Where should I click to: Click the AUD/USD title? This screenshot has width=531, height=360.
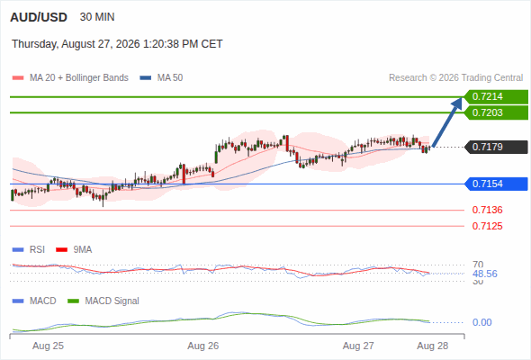click(x=39, y=17)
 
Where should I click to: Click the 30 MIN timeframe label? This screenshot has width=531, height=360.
click(x=97, y=17)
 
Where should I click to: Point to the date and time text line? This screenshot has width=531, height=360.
click(x=117, y=44)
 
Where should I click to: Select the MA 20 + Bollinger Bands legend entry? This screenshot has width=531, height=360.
click(x=70, y=78)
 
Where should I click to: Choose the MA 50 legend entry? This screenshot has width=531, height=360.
click(x=161, y=78)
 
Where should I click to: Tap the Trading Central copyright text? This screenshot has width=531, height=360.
click(x=455, y=78)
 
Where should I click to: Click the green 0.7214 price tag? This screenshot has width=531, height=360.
click(x=496, y=97)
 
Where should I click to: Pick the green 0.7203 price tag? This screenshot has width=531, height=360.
click(x=496, y=112)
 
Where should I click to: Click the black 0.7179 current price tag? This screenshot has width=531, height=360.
click(x=496, y=147)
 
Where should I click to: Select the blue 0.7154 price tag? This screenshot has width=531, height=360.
click(x=496, y=184)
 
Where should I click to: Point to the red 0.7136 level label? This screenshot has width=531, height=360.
click(x=487, y=210)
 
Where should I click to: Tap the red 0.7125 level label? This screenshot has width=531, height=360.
click(x=487, y=226)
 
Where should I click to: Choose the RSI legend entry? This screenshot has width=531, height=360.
click(x=29, y=250)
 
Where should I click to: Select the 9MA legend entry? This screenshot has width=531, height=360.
click(x=74, y=250)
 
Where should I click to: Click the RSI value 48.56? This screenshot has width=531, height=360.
click(x=485, y=274)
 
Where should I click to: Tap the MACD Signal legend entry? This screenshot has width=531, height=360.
click(x=103, y=301)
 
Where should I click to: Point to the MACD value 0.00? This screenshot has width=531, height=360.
click(x=481, y=322)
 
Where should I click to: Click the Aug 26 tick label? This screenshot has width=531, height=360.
click(x=203, y=346)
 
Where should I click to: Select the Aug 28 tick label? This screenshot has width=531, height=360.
click(x=433, y=346)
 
